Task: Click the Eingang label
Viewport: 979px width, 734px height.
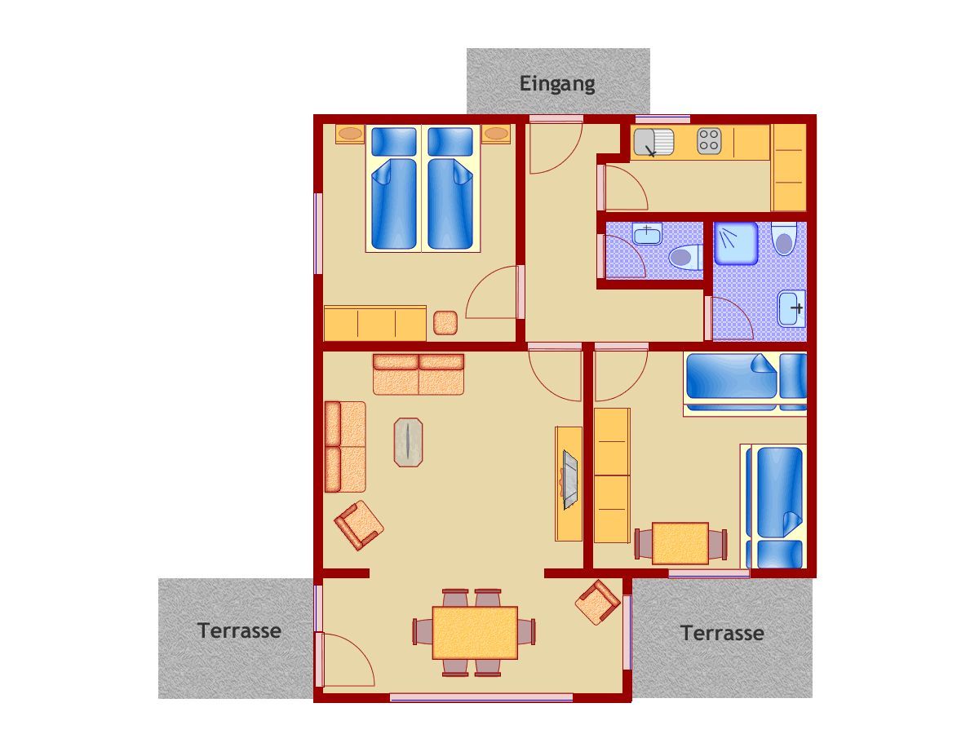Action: (557, 84)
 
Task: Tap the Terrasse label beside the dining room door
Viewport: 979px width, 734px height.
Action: (239, 630)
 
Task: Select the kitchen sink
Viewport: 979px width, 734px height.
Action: (653, 143)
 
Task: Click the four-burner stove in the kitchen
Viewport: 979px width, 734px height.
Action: (709, 140)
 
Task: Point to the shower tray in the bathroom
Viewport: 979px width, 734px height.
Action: (736, 243)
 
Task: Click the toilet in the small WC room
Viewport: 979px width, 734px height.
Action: (685, 257)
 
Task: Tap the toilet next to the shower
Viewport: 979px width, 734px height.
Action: (784, 240)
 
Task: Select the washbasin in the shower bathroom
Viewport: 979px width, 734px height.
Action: (791, 308)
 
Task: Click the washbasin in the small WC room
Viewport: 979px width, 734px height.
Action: (647, 234)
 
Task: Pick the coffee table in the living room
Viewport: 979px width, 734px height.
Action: (408, 442)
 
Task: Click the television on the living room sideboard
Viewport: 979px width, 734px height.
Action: (570, 480)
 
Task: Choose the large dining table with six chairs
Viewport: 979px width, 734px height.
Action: (475, 632)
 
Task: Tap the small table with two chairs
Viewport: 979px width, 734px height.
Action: (680, 543)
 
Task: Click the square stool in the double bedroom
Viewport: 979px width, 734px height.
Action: (445, 323)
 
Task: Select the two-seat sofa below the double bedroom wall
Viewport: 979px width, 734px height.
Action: (418, 374)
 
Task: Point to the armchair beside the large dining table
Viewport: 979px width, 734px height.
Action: (598, 602)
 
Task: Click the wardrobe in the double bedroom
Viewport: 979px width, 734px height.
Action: (374, 323)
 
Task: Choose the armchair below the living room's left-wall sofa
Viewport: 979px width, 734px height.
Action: (359, 525)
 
